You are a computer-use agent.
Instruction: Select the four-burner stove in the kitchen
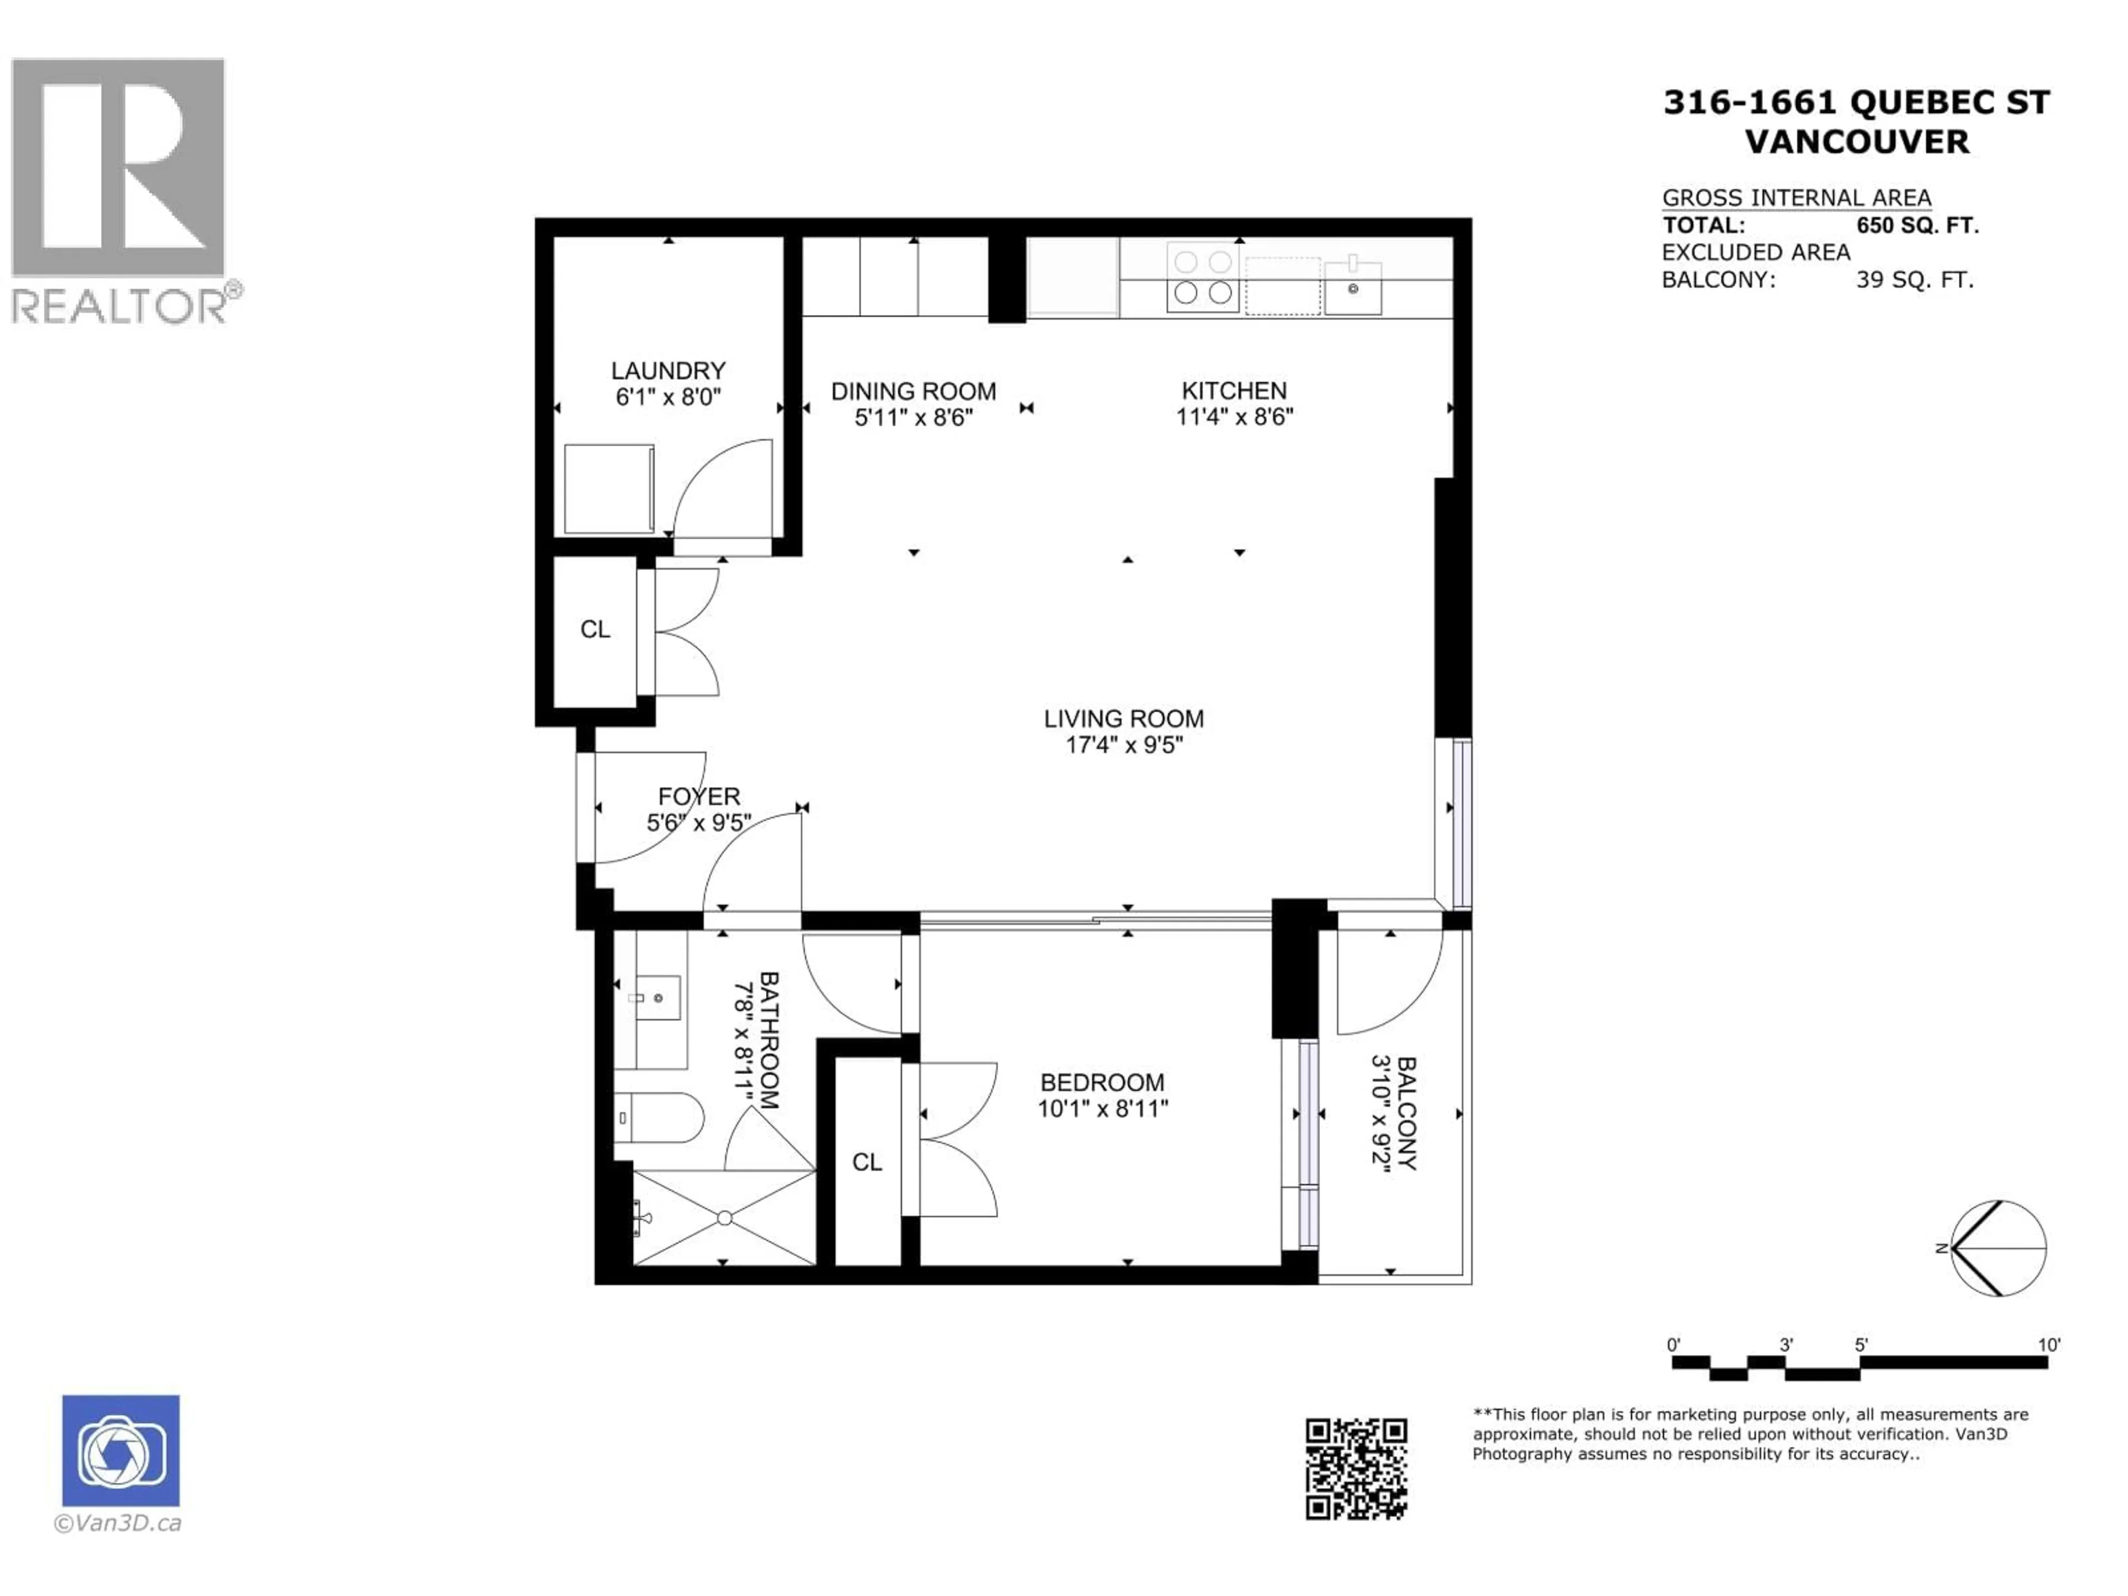coord(1203,277)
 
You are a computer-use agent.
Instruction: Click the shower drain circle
coord(724,1218)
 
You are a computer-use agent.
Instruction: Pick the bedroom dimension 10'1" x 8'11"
coord(1102,1108)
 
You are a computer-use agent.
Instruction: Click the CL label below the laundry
coord(595,629)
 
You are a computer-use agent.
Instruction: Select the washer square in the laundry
coord(609,489)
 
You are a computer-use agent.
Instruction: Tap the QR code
coord(1355,1469)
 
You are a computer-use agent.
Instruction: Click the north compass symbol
coord(1999,1248)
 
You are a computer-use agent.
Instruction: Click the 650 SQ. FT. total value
coord(1916,226)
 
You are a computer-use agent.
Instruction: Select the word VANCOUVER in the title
coord(1856,142)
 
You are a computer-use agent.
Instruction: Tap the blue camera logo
coord(120,1450)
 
